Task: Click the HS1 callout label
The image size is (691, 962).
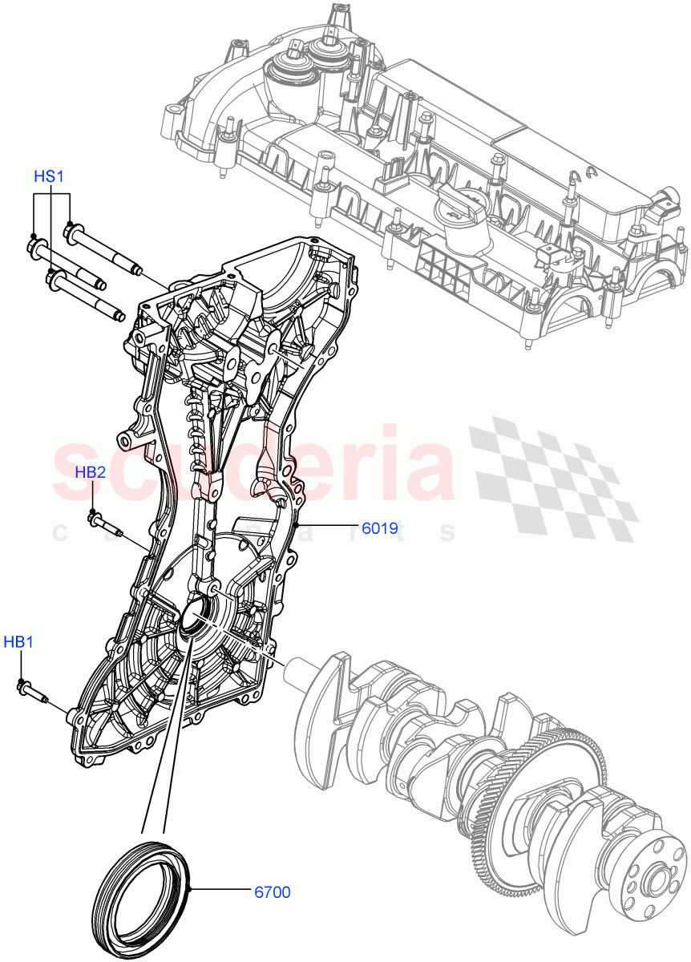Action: click(x=48, y=176)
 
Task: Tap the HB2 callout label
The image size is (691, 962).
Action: click(x=91, y=472)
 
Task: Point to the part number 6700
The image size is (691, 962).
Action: click(x=273, y=891)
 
